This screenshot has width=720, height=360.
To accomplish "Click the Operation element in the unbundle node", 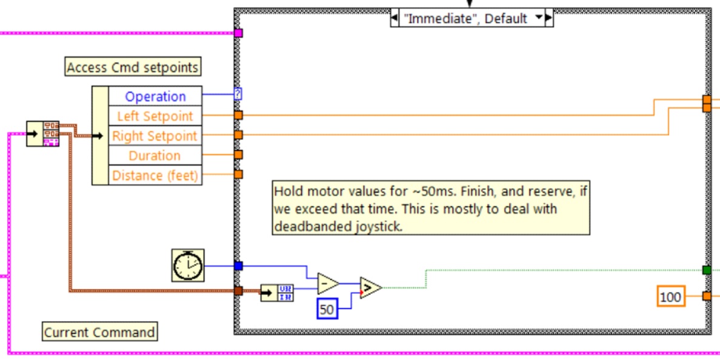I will pos(155,96).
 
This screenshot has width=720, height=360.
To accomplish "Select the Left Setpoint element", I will pos(155,116).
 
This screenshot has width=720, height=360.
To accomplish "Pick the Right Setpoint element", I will pos(155,136).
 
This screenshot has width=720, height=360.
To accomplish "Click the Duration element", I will pos(155,156).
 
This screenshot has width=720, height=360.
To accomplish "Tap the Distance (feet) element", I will pos(155,176).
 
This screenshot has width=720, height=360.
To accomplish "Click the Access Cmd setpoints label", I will pos(132,67).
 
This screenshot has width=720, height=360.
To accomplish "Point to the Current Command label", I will pos(99,332).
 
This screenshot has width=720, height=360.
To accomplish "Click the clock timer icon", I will pos(188,265).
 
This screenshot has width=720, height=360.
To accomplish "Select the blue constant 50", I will pos(327,310).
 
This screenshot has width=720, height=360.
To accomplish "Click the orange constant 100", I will pos(670,297).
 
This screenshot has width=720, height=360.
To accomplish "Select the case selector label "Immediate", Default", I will pos(465,18).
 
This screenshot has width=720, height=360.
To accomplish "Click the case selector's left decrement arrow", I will pos(395,18).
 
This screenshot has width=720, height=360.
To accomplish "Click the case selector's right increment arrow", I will pos(548,18).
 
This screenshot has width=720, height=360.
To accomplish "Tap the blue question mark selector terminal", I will pos(238,94).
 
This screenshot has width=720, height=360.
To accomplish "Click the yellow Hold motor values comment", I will pos(431,209).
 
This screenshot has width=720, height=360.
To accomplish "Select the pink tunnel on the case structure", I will pos(238,33).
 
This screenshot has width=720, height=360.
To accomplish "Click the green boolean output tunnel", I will pos(706,270).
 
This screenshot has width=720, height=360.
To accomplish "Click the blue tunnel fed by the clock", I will pos(238,265).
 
